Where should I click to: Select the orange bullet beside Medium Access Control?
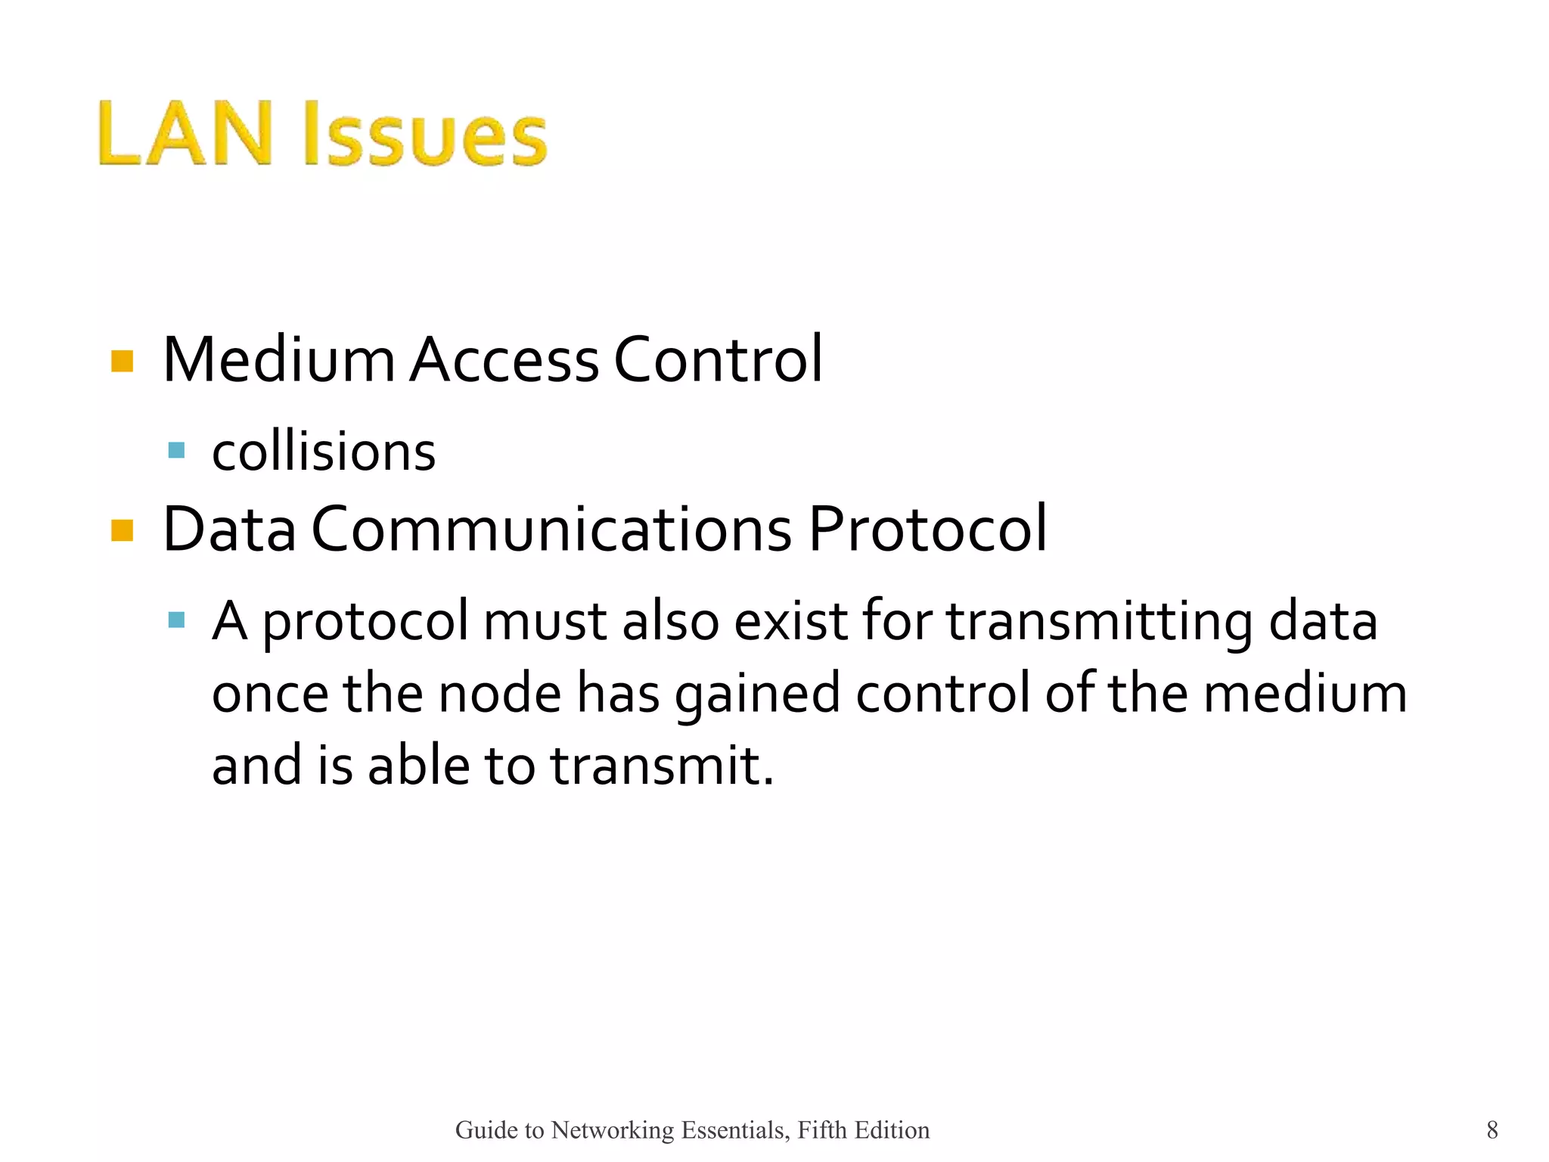pyautogui.click(x=122, y=361)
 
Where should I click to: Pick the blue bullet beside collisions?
pyautogui.click(x=176, y=451)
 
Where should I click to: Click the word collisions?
pyautogui.click(x=324, y=452)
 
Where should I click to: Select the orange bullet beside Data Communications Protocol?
pyautogui.click(x=122, y=530)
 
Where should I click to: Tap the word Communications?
pyautogui.click(x=551, y=529)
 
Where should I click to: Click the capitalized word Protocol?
pyautogui.click(x=927, y=529)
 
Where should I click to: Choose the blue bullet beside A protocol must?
pyautogui.click(x=176, y=620)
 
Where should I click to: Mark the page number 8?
pyautogui.click(x=1492, y=1129)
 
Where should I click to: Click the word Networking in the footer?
pyautogui.click(x=613, y=1130)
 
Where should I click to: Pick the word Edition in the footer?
pyautogui.click(x=892, y=1129)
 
